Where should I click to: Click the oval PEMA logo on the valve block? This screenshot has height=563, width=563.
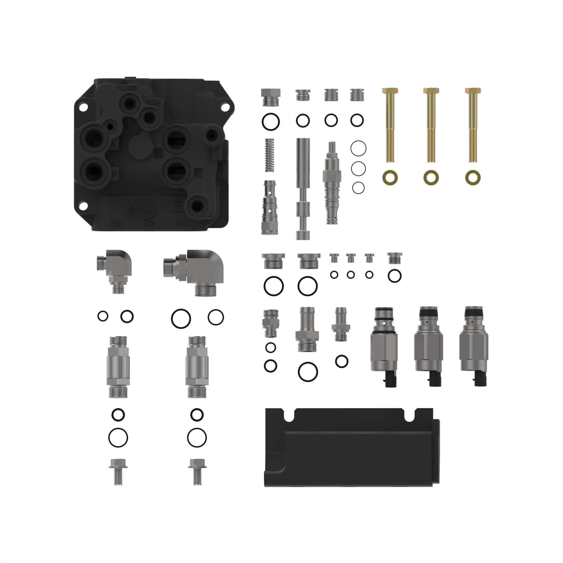142,210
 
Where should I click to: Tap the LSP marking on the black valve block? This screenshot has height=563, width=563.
132,88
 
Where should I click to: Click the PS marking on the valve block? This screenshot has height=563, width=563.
178,207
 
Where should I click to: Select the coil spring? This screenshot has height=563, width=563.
270,155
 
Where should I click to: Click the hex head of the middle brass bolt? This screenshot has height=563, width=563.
431,91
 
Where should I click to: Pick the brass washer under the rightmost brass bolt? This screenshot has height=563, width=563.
473,177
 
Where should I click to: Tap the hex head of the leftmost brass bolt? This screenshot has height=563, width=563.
390,91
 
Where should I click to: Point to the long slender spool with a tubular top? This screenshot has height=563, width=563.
303,188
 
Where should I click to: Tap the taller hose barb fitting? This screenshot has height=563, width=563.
307,329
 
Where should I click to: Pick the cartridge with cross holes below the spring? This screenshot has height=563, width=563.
270,207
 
